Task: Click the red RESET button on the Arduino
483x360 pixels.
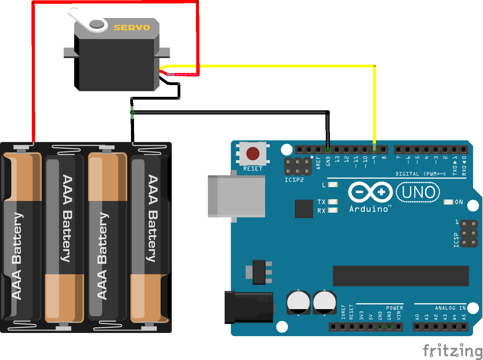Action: tap(253, 154)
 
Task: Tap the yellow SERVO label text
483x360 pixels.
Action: tap(132, 28)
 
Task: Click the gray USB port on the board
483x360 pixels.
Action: tap(236, 196)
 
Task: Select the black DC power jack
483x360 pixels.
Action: tap(248, 307)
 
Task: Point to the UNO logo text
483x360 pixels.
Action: tap(418, 192)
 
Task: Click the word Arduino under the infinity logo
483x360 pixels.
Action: tap(369, 209)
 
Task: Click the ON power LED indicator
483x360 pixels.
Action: tap(448, 202)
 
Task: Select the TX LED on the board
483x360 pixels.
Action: tap(332, 202)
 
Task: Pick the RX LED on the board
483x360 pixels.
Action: tap(332, 210)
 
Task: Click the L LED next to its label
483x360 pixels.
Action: tap(332, 185)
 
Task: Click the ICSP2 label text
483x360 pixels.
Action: tap(294, 180)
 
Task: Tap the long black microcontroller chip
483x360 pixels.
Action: tap(400, 276)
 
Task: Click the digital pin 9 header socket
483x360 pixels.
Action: tap(374, 150)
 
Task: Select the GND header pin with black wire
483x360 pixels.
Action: tap(328, 150)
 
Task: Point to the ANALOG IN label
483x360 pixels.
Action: tap(450, 308)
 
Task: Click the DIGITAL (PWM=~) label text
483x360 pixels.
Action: tap(420, 174)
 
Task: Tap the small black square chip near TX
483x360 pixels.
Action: tap(304, 209)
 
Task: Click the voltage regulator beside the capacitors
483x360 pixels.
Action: tap(259, 272)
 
